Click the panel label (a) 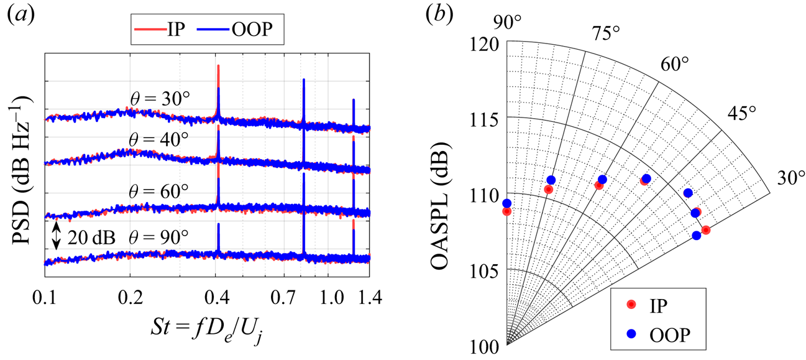point(17,17)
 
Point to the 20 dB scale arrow point(57,237)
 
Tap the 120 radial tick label point(485,44)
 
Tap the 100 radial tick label point(485,346)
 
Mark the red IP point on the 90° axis point(507,211)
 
